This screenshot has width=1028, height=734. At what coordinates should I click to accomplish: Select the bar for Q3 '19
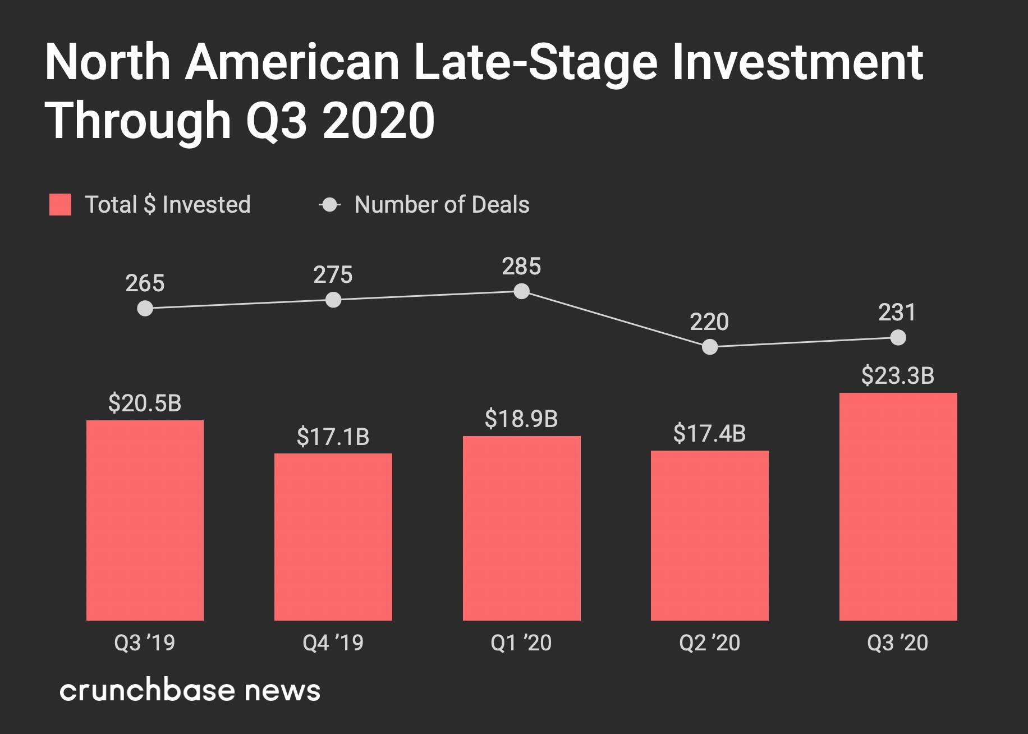coord(145,520)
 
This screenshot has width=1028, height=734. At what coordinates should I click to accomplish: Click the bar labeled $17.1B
coord(333,536)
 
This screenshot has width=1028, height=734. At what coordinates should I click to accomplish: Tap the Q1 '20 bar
coord(521,528)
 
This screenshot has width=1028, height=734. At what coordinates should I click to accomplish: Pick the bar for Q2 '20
coord(709,535)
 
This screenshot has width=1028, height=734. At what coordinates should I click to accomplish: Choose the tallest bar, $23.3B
coord(898,506)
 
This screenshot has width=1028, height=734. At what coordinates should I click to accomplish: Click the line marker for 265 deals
coord(145,309)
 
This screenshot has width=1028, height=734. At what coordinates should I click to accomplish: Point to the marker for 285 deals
coord(521,292)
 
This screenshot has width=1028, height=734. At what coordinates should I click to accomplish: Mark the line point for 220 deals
coord(710,347)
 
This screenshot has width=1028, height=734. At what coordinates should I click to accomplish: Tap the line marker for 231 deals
coord(898,338)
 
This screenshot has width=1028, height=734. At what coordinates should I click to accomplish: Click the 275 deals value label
coord(333,275)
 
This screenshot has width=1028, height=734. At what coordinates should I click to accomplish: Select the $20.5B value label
coord(145,403)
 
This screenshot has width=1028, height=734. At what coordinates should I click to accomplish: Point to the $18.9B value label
coord(521,419)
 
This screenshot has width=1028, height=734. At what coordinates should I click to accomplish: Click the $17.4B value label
coord(709,434)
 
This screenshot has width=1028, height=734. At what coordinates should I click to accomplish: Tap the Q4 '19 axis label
coord(333,643)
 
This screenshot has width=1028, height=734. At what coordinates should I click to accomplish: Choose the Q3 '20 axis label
coord(898,643)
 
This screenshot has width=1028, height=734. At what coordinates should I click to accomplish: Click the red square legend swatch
coord(61,205)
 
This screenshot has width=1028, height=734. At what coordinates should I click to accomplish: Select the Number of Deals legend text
coord(442,205)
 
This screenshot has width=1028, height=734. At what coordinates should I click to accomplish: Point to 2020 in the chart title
coord(379,121)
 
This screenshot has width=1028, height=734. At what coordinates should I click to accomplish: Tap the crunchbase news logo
coord(190,690)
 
